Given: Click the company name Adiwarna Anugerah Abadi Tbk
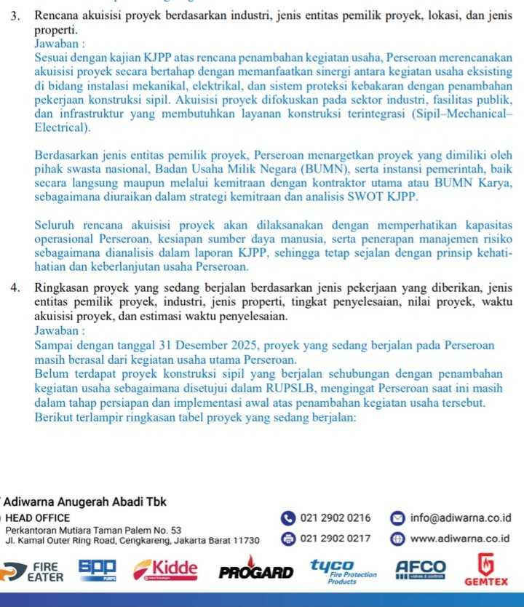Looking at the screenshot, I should pyautogui.click(x=85, y=503).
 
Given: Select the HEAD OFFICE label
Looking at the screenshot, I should pyautogui.click(x=38, y=518).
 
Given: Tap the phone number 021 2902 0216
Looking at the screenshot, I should pyautogui.click(x=335, y=518).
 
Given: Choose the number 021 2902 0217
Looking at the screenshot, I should pyautogui.click(x=335, y=539).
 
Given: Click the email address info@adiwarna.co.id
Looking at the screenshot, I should pyautogui.click(x=460, y=518).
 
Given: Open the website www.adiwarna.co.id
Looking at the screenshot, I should pyautogui.click(x=460, y=539).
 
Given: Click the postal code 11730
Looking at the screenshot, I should pyautogui.click(x=244, y=541).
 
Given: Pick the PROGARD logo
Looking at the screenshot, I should pyautogui.click(x=256, y=571).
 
